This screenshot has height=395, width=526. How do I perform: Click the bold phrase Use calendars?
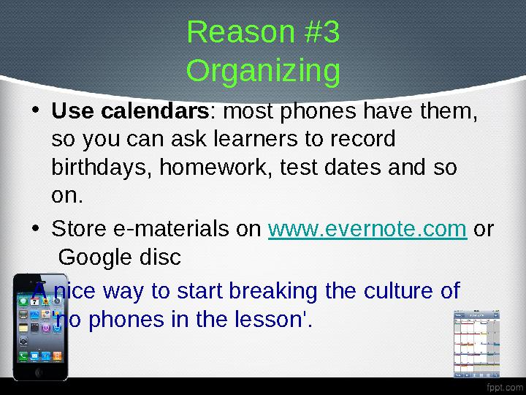(130, 113)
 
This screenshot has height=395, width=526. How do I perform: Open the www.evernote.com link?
(367, 230)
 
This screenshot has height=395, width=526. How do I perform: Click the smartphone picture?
(41, 328)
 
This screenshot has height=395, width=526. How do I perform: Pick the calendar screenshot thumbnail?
(477, 344)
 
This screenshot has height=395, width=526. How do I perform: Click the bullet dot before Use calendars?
(37, 113)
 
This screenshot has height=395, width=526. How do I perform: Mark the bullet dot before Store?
(37, 230)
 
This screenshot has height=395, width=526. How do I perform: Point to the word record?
(362, 140)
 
